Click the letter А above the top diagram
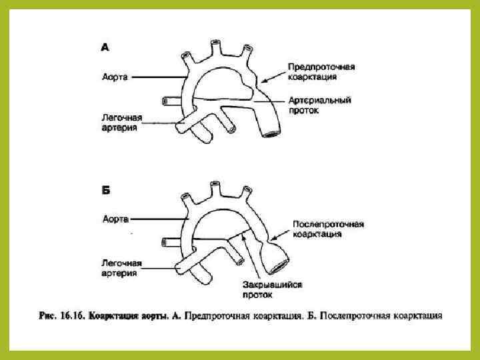105,47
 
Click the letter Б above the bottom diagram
105,190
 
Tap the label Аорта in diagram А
116,77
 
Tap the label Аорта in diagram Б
116,218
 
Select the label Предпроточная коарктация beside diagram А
321,72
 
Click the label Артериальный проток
319,105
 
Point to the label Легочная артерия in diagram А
121,122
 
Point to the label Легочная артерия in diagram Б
121,267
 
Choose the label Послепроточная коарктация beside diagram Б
328,229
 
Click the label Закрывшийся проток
273,289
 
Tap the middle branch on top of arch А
215,45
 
